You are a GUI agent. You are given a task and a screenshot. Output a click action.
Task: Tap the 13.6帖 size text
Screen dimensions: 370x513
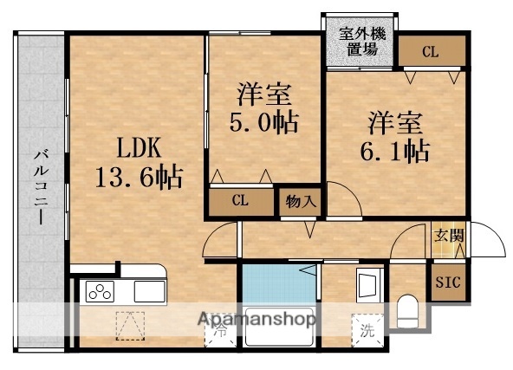click(x=139, y=178)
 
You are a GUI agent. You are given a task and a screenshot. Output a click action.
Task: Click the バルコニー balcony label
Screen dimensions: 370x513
click(x=41, y=186)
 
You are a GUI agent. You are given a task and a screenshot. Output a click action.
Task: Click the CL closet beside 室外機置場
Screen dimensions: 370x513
click(x=431, y=52)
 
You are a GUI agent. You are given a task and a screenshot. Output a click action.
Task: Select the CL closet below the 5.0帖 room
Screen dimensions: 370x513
click(x=240, y=201)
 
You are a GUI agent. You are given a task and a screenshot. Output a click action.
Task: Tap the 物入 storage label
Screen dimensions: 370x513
click(x=300, y=202)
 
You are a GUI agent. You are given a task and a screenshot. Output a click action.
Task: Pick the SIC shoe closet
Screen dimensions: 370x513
click(x=448, y=282)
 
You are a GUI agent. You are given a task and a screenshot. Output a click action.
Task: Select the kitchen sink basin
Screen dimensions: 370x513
click(x=149, y=291)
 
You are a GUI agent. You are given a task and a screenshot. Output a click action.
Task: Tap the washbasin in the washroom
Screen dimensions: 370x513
click(x=367, y=285)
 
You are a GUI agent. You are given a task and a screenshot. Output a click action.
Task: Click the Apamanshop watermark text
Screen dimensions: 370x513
click(x=257, y=319)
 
